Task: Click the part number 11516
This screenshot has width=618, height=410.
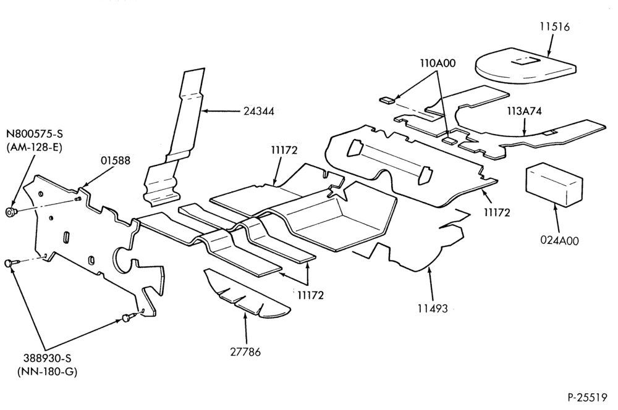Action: [x=554, y=27]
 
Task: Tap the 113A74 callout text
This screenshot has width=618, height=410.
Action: [x=524, y=111]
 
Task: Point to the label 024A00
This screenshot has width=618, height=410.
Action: [x=560, y=240]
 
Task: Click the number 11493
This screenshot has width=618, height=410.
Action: [x=433, y=308]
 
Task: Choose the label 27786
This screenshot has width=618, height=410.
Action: [x=245, y=351]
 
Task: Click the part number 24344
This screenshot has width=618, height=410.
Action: [x=258, y=111]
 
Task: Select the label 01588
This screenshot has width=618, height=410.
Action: [x=116, y=161]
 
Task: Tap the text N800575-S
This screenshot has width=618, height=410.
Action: [x=34, y=134]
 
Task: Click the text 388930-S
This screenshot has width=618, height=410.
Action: [x=47, y=358]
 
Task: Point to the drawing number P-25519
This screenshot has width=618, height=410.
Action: [x=587, y=398]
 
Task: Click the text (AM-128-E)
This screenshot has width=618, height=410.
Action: [x=34, y=148]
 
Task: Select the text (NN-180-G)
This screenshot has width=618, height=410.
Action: [x=48, y=372]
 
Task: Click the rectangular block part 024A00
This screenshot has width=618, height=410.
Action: [x=554, y=186]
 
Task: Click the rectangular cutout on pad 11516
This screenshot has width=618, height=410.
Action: [x=525, y=61]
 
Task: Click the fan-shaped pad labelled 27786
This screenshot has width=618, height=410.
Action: [x=247, y=293]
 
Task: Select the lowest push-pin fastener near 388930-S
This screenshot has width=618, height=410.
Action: [x=127, y=317]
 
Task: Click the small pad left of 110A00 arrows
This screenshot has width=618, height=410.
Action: [x=387, y=99]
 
